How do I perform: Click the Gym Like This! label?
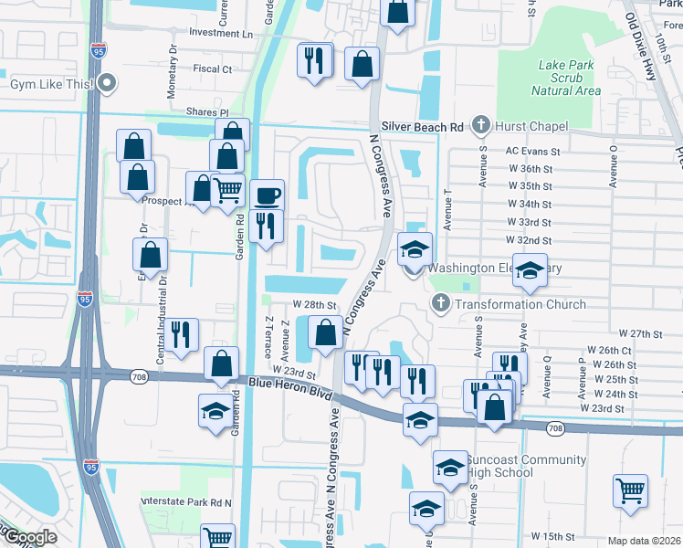51,84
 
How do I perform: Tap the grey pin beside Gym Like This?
108,84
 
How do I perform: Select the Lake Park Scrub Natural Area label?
570,78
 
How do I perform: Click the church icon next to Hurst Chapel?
480,125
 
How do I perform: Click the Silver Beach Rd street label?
424,127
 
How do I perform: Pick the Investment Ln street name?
220,33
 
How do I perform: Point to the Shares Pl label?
207,111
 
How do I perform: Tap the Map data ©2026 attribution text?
644,541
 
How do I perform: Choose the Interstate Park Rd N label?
187,502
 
